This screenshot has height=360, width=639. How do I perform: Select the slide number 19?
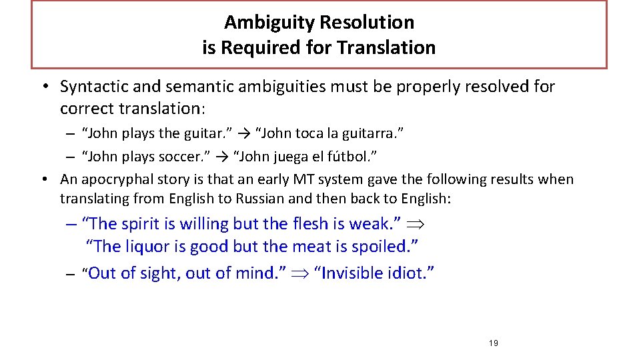click(493, 343)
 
